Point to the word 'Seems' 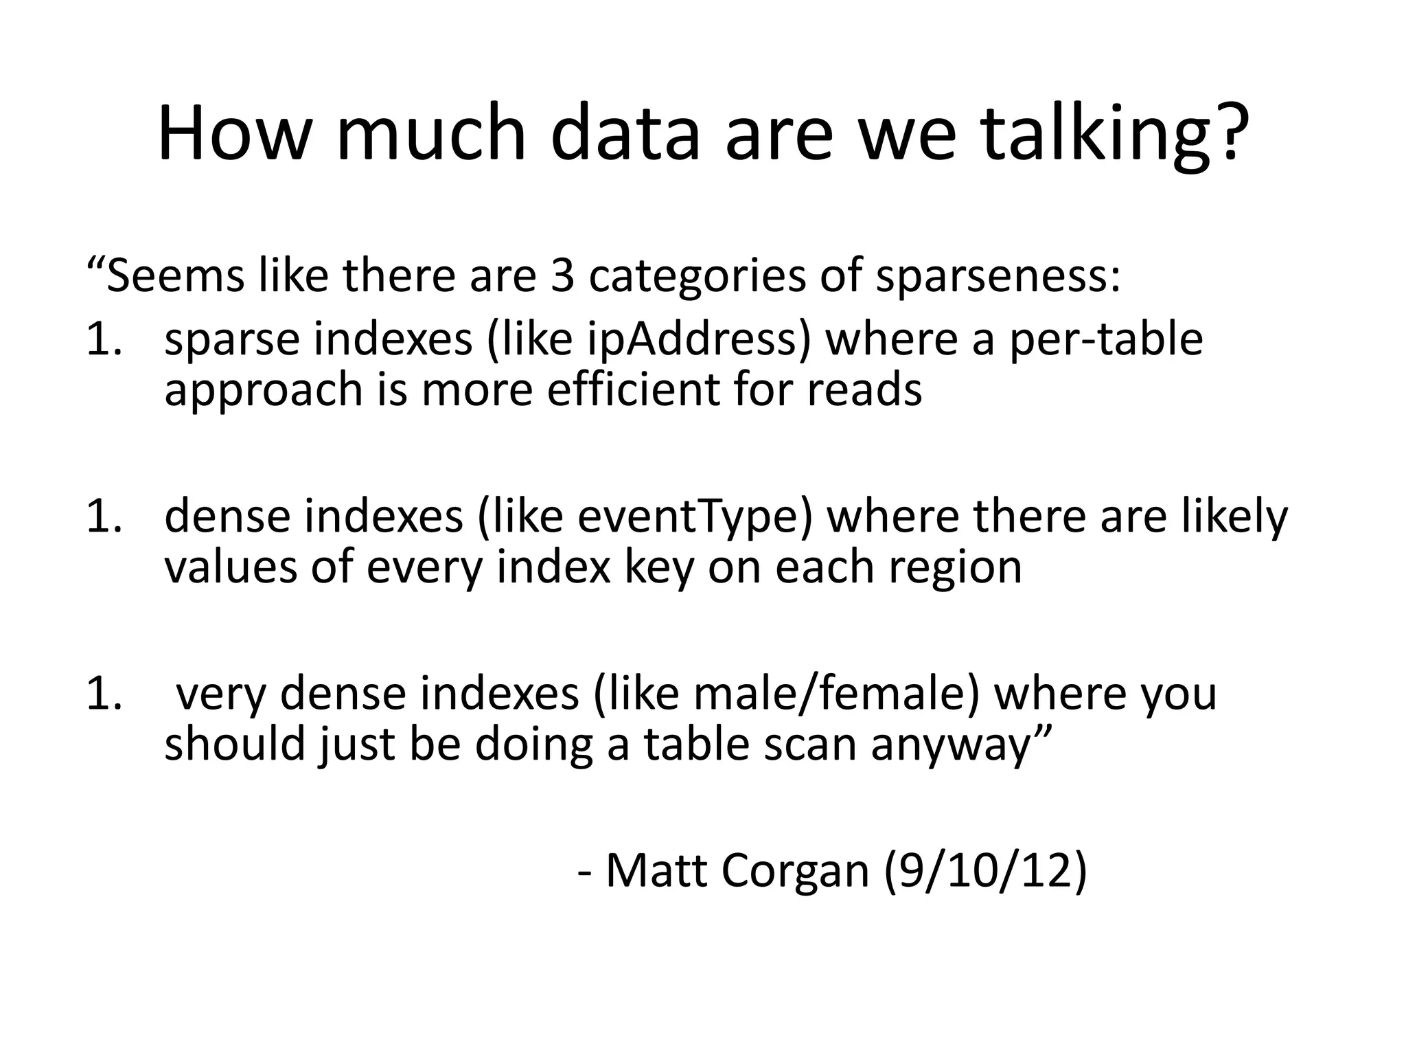tap(175, 275)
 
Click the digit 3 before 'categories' tap(562, 275)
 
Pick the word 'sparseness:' tap(998, 276)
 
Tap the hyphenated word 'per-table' tap(1106, 339)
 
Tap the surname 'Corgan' tap(796, 871)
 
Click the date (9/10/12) tap(986, 871)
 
